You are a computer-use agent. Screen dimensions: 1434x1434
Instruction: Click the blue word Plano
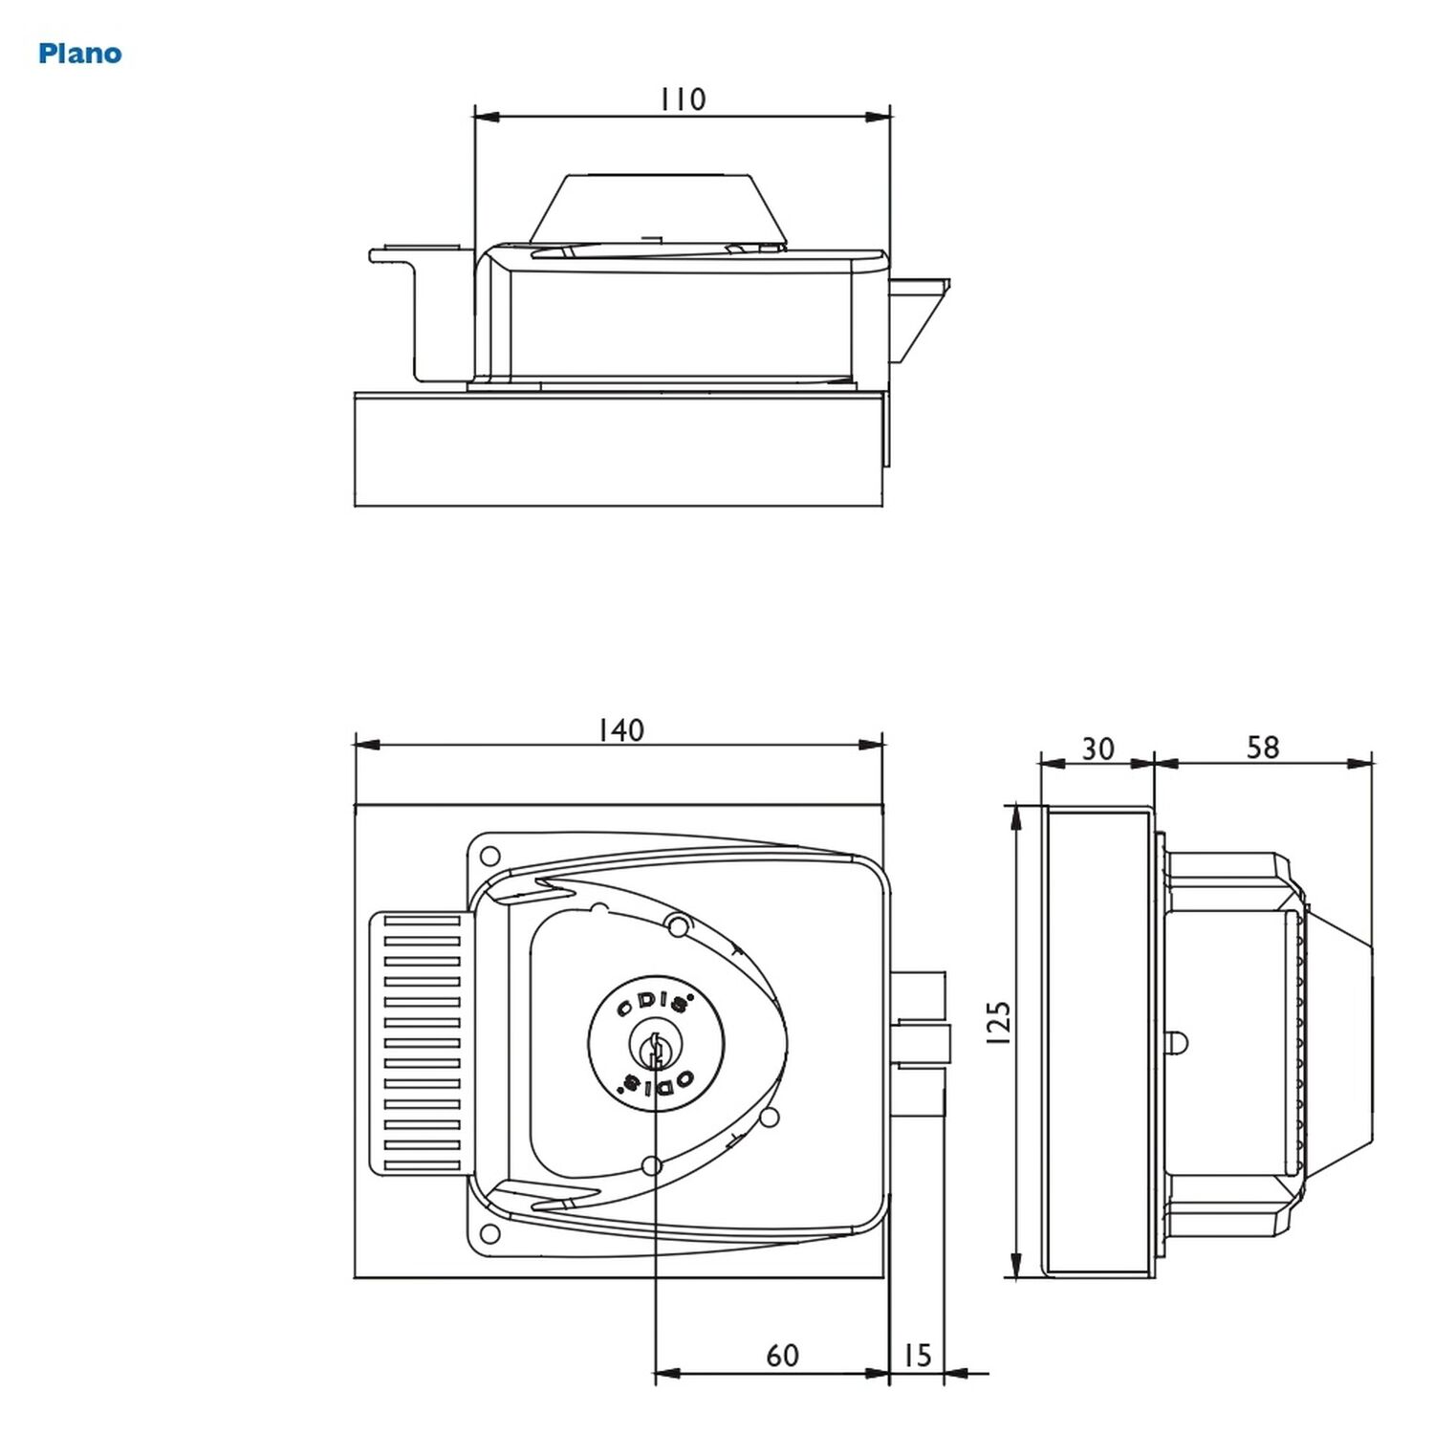coord(80,54)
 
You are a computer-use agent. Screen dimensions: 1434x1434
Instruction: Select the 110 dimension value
coord(683,98)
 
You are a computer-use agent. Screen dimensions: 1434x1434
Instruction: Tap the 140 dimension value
coord(621,730)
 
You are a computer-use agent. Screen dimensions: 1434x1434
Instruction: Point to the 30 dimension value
coord(1097,749)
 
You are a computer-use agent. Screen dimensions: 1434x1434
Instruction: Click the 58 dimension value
coord(1262,748)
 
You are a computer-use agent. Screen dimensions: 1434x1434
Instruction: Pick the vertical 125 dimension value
coord(997,1023)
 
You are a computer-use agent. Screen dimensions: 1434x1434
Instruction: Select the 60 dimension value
coord(782,1355)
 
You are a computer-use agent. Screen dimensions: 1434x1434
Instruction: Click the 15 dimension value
coord(916,1355)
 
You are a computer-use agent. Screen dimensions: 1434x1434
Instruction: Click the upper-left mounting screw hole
coord(489,854)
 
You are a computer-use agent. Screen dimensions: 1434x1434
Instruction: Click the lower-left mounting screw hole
coord(489,1232)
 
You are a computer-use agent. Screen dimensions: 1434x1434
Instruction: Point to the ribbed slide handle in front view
coord(421,1043)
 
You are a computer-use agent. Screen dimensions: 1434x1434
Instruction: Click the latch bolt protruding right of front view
coord(921,1043)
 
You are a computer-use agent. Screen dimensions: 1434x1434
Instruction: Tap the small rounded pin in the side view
coord(1176,1042)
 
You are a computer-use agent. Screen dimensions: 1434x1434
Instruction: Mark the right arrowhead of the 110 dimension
coord(878,117)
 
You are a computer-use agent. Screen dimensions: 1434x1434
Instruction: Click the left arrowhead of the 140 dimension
coord(368,745)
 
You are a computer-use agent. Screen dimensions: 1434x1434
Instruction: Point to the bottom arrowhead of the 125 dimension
coord(1015,1263)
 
